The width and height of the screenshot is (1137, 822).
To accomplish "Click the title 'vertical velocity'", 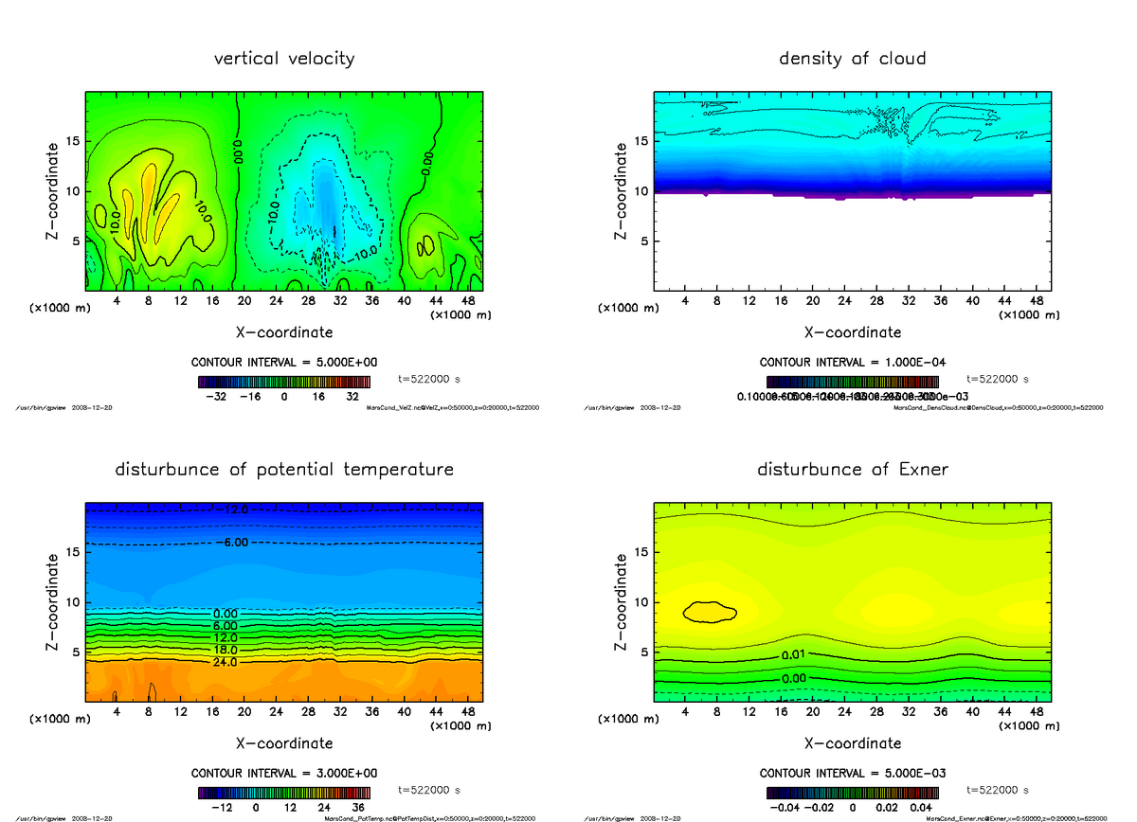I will [284, 59].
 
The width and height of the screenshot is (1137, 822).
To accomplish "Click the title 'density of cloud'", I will [852, 59].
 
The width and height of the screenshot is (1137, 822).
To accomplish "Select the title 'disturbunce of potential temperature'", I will [284, 470].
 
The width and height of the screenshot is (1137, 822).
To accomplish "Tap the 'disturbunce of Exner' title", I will [852, 470].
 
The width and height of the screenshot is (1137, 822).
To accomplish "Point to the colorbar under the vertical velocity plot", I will [283, 382].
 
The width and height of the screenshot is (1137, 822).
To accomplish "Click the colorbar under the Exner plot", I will [852, 793].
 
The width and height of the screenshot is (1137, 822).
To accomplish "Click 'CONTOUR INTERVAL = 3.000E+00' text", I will [283, 773].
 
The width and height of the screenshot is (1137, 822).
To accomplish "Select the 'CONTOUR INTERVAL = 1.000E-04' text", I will [852, 362].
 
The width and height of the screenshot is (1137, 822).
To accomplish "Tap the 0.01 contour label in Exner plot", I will [794, 655].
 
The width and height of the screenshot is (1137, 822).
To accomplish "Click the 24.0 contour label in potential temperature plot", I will [225, 662].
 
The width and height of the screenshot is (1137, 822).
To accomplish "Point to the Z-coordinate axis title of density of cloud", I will [621, 190].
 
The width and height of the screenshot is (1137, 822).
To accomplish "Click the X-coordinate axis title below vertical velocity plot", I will [284, 332].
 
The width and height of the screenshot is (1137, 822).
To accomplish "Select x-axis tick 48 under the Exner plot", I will [1036, 712].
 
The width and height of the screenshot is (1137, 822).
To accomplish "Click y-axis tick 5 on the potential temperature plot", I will [75, 652].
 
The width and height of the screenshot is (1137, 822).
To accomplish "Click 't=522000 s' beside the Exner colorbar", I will [998, 790].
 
